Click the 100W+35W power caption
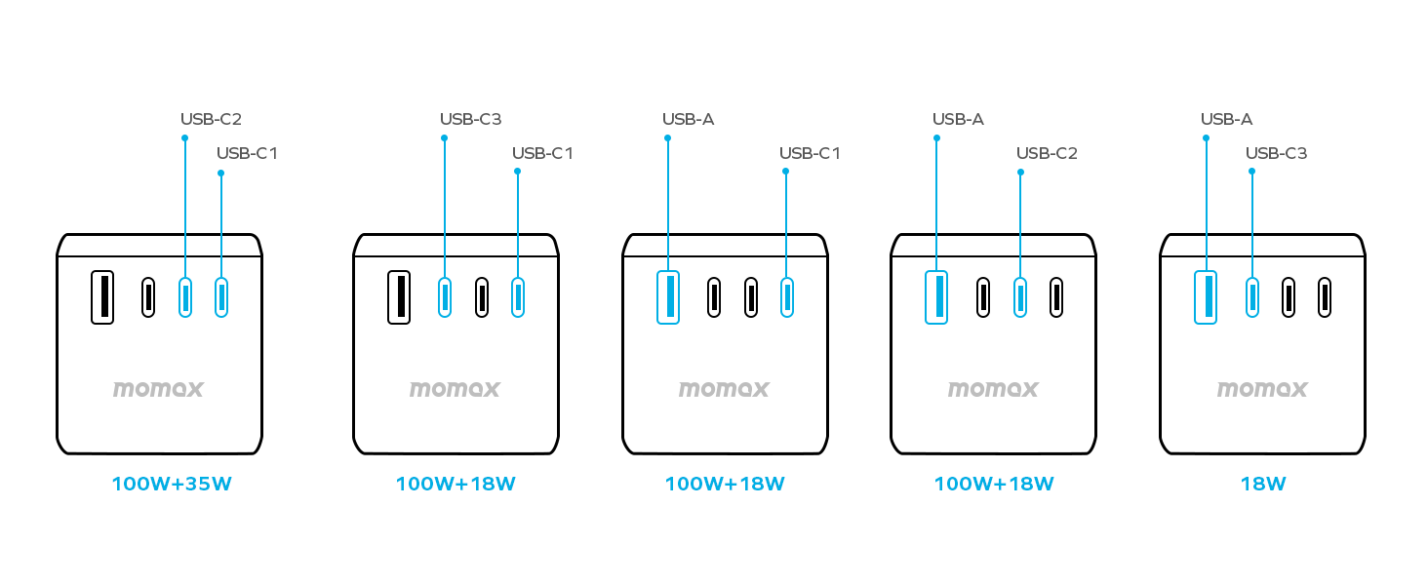172,484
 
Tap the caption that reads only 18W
1262,484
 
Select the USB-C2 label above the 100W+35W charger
211,119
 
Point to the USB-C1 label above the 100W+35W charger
247,153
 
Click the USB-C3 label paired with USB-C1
470,119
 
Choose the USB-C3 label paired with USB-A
1276,153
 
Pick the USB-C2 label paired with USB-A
1047,153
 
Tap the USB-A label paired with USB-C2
958,119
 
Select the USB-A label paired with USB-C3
1226,119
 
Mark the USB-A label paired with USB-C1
688,119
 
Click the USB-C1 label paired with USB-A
810,153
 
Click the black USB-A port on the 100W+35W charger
102,296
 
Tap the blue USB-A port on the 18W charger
1206,296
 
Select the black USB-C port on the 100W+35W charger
148,296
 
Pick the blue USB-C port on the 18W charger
1251,296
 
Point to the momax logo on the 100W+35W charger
158,389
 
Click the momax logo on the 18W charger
1262,389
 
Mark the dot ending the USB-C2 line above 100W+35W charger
184,137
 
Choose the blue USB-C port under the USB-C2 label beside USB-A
1020,296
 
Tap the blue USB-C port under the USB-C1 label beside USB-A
786,296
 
